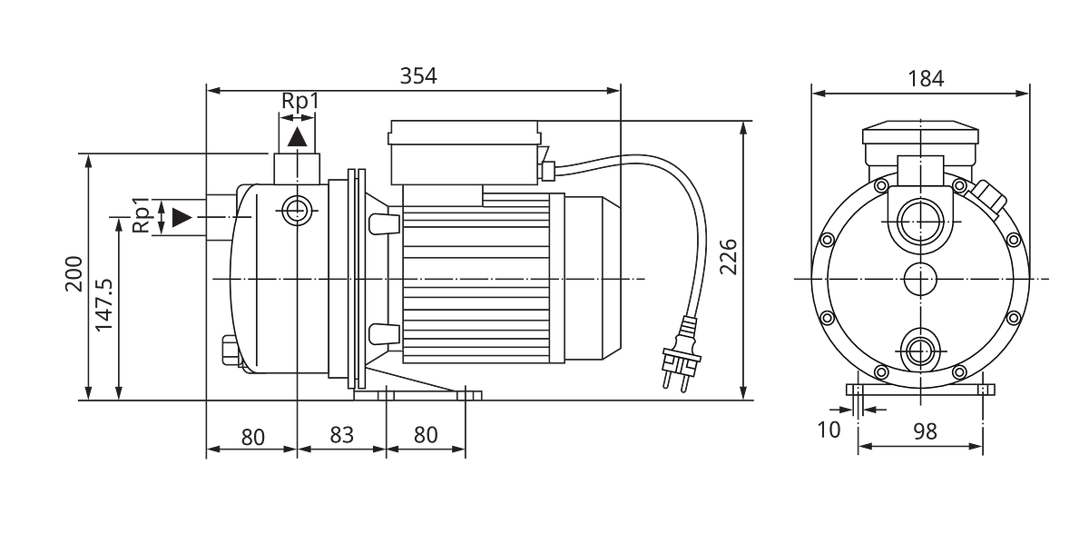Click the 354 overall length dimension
click(418, 76)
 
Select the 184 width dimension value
click(926, 78)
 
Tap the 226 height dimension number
click(728, 257)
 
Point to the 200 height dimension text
click(74, 273)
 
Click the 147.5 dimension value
click(104, 305)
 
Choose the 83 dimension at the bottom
click(341, 435)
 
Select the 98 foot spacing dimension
click(925, 431)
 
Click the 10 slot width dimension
click(829, 430)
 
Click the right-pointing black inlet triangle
click(182, 217)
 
